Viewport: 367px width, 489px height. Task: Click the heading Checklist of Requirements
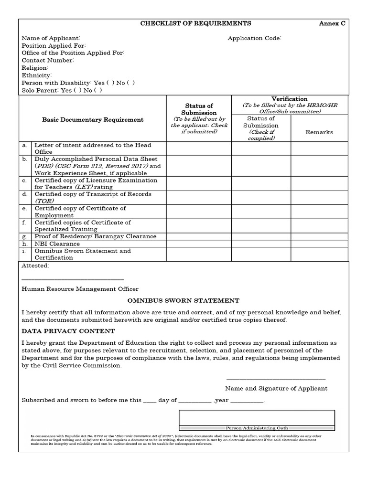(195, 23)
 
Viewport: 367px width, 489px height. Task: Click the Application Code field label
(254, 38)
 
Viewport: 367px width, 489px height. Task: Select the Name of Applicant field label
(51, 38)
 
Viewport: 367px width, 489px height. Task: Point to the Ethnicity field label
(37, 75)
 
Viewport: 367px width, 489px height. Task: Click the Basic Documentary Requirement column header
(93, 120)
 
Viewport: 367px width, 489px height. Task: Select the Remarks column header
(319, 132)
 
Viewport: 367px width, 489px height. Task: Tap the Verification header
(289, 99)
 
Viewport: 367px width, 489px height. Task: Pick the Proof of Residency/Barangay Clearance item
(95, 236)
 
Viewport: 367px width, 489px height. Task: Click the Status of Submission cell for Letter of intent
(199, 149)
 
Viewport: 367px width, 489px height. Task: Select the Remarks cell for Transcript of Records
(319, 198)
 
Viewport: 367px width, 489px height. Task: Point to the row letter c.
(24, 181)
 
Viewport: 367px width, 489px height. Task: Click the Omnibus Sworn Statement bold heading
(183, 301)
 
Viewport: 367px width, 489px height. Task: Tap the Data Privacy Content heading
(68, 331)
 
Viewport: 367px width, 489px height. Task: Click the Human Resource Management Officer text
(80, 289)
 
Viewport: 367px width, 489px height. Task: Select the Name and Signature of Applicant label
(276, 388)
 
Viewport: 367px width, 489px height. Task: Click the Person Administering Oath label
(257, 428)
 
